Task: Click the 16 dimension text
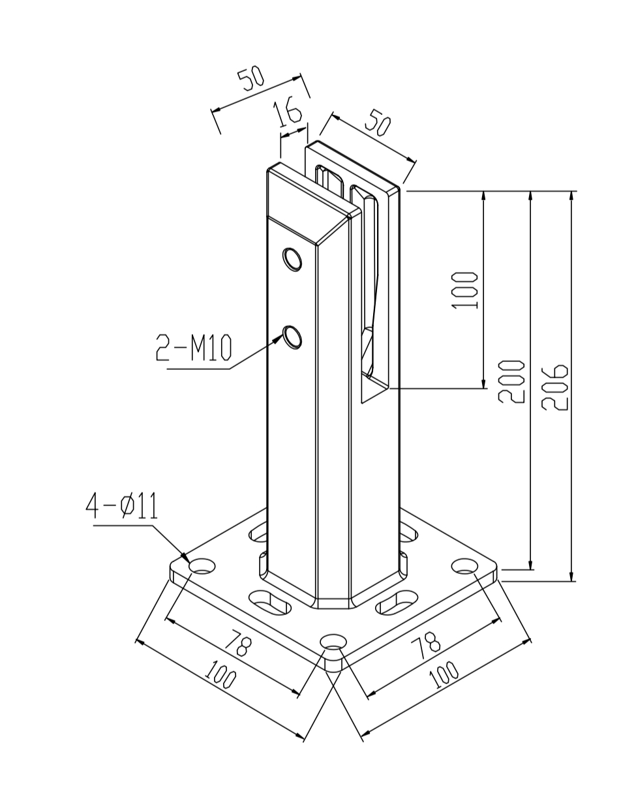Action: coord(288,112)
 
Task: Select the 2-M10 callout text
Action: coord(194,348)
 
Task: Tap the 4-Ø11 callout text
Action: coord(122,506)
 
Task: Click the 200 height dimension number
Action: coord(511,382)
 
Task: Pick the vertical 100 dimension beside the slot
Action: coord(464,290)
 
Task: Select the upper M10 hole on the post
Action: coord(292,260)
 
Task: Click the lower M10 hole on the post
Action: coord(292,337)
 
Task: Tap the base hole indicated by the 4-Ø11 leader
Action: coord(202,566)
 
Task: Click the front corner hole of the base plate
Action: coord(334,642)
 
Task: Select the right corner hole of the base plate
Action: coord(464,566)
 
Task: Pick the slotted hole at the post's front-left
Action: coord(269,601)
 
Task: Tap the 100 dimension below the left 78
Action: coord(220,674)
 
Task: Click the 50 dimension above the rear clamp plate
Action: coord(378,122)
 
